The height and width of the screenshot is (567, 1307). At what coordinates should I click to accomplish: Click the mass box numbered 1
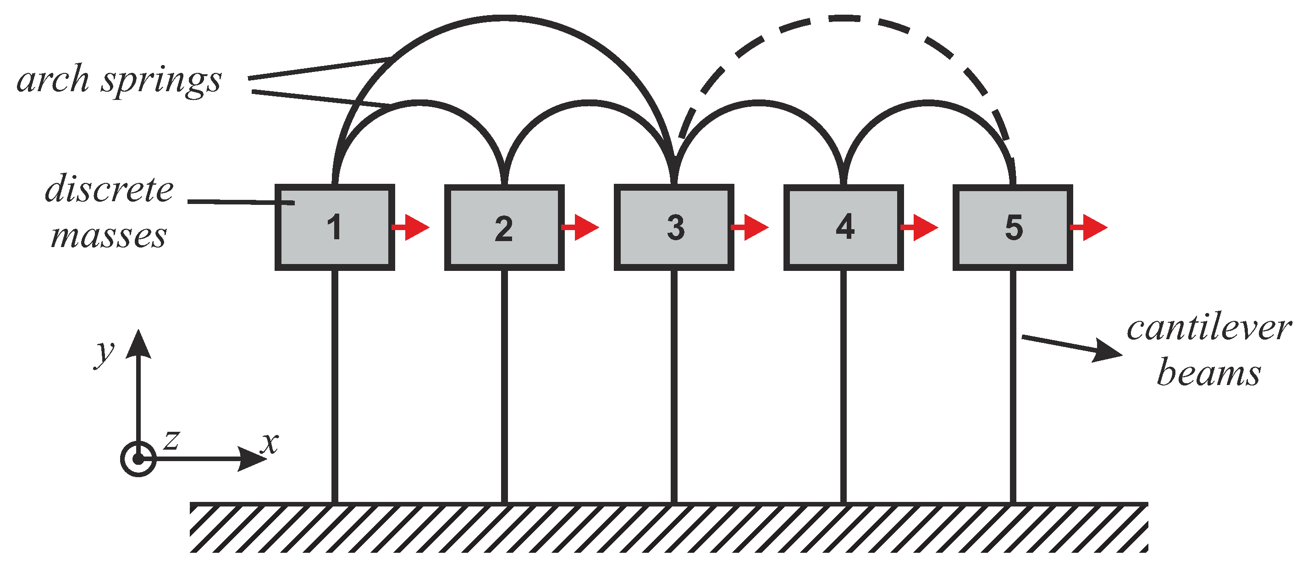pyautogui.click(x=334, y=227)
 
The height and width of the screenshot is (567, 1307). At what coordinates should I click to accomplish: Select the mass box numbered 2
pyautogui.click(x=504, y=227)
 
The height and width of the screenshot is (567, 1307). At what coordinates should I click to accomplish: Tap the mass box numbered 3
pyautogui.click(x=674, y=227)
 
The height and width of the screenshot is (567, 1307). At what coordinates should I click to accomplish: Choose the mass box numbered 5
pyautogui.click(x=1013, y=227)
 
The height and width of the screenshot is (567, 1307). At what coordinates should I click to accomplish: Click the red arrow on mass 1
pyautogui.click(x=412, y=227)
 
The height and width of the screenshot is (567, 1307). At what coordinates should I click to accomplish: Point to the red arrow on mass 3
pyautogui.click(x=751, y=227)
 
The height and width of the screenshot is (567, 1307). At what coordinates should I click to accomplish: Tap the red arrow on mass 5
pyautogui.click(x=1090, y=227)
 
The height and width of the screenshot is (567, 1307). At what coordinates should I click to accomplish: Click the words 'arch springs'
pyautogui.click(x=119, y=80)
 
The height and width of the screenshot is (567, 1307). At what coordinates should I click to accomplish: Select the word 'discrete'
pyautogui.click(x=109, y=189)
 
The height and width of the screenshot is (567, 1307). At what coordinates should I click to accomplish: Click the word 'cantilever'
pyautogui.click(x=1209, y=328)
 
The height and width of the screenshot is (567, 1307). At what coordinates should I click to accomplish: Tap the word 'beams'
pyautogui.click(x=1208, y=373)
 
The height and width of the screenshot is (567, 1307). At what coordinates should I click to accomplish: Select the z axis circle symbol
pyautogui.click(x=138, y=459)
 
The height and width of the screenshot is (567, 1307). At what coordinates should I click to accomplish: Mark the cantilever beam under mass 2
pyautogui.click(x=504, y=385)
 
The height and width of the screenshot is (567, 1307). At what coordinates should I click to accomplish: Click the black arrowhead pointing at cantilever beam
pyautogui.click(x=1108, y=351)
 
